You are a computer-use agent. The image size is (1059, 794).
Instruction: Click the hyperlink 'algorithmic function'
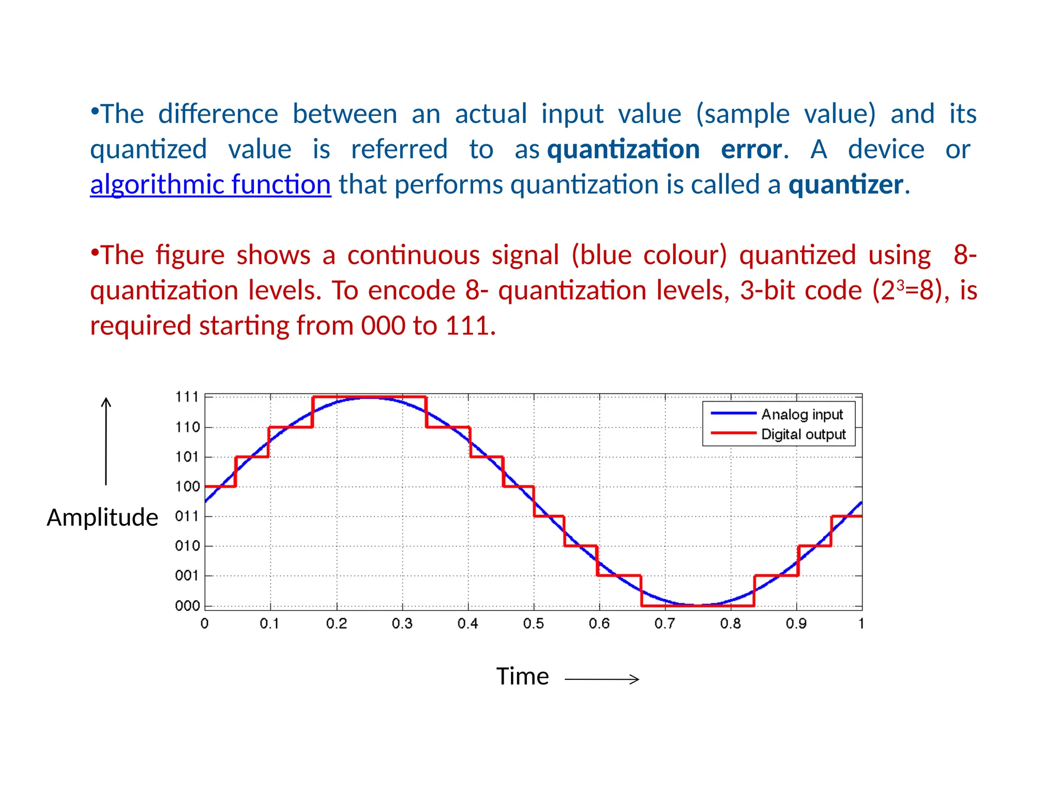point(210,185)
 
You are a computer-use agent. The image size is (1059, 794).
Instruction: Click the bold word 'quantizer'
point(846,185)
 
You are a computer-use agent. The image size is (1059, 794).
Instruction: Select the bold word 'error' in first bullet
point(751,149)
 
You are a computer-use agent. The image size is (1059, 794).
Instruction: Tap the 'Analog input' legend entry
point(801,415)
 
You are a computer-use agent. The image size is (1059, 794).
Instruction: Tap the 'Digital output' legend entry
point(803,434)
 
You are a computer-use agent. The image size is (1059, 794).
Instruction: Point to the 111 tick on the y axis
point(187,397)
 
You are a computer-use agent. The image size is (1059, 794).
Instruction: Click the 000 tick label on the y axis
point(187,606)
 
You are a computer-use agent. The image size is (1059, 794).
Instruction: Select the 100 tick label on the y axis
point(187,486)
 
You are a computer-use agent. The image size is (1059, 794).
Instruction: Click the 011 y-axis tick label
point(187,516)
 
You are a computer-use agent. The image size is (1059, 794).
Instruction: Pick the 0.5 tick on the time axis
point(533,624)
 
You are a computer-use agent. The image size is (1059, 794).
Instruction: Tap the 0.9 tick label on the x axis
point(796,624)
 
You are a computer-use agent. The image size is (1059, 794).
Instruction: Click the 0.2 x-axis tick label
point(336,624)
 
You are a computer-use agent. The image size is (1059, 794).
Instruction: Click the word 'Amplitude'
point(102,517)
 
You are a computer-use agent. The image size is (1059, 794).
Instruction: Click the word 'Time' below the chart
point(522,677)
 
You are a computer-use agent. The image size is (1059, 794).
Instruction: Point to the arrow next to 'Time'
point(602,679)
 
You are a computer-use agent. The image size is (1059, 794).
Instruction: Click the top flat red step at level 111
point(369,397)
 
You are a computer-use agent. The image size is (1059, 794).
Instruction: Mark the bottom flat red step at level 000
point(698,606)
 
